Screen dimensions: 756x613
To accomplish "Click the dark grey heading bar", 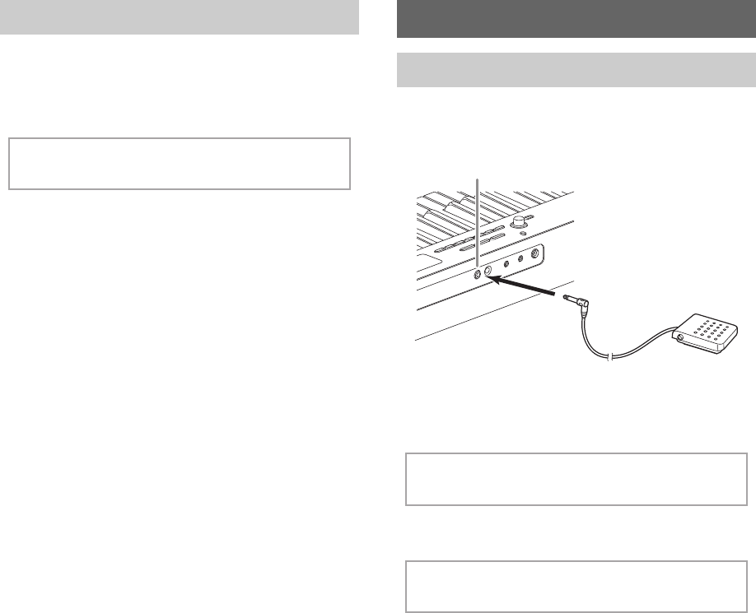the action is [576, 18].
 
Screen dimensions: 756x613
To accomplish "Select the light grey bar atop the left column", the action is [180, 16].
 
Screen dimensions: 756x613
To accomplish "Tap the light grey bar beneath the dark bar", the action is [576, 70].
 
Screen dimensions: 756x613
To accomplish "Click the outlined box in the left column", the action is [180, 164].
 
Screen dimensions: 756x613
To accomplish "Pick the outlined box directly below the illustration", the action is [576, 479].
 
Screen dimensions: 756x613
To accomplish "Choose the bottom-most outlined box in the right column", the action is [576, 587].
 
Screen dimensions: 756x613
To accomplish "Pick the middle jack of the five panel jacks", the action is [506, 263].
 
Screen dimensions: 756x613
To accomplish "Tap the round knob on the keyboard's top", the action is [519, 221].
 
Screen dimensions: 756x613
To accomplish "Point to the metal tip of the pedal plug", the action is [567, 298].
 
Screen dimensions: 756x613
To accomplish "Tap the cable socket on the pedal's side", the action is [678, 337].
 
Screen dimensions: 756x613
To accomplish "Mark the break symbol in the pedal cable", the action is [607, 357].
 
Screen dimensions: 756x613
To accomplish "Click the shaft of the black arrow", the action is [535, 290].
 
